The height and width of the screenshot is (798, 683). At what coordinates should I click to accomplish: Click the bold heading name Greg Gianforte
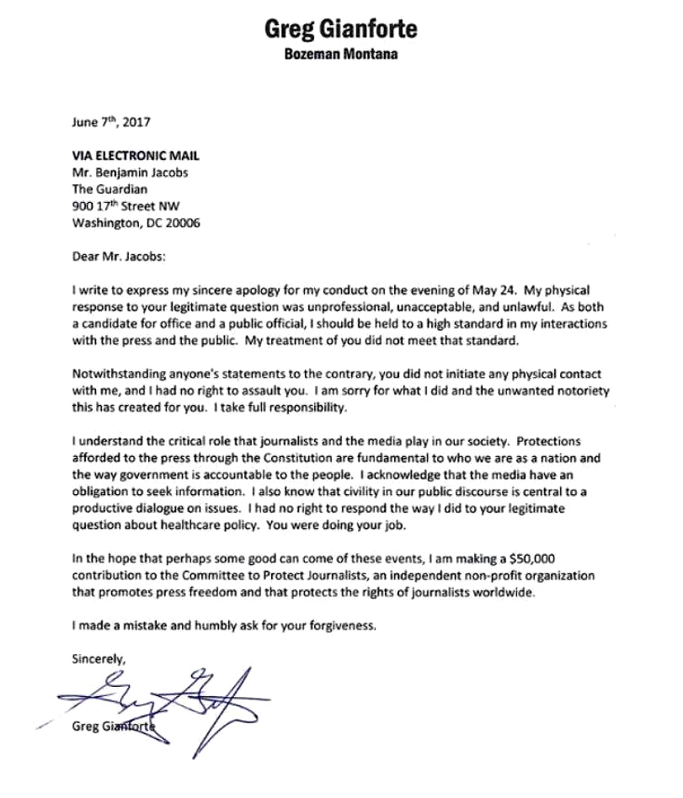(x=341, y=31)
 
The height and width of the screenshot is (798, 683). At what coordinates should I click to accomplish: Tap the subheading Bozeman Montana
(x=341, y=57)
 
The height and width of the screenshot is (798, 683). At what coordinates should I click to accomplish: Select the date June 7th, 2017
(x=109, y=123)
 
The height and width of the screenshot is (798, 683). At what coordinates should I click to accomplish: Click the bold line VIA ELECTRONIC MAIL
(x=136, y=156)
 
